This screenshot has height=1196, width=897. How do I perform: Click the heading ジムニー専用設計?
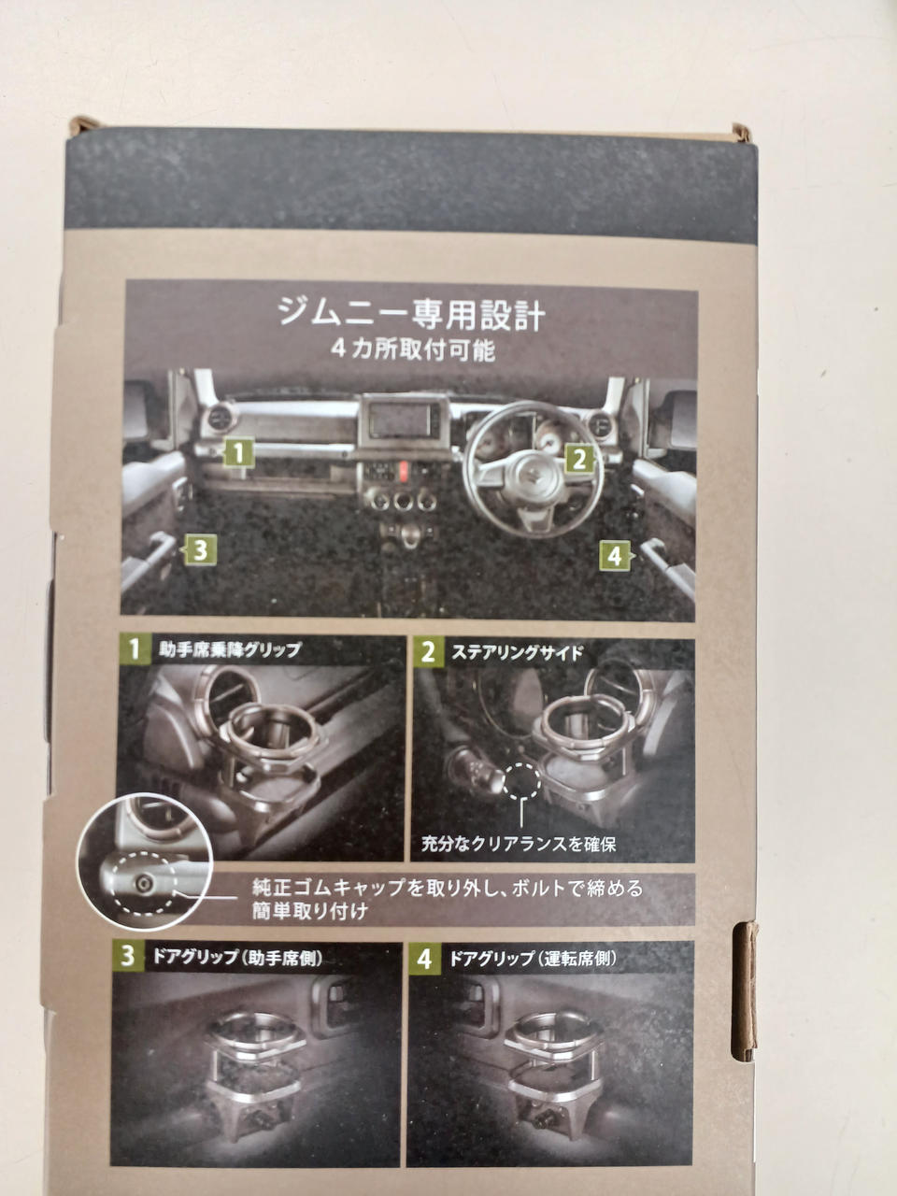tap(411, 315)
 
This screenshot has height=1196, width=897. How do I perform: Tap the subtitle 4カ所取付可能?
tap(413, 350)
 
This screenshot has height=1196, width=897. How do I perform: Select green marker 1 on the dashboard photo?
tap(238, 452)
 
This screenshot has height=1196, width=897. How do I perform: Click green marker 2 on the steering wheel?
tap(579, 460)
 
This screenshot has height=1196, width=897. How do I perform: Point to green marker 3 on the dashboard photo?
tap(200, 549)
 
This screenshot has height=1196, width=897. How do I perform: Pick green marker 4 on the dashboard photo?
tap(615, 556)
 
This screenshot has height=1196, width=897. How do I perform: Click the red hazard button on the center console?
tap(403, 471)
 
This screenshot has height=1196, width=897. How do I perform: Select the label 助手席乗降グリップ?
tap(229, 649)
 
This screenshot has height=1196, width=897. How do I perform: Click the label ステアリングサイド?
tap(517, 653)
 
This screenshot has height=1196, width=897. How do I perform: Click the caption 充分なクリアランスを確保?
tap(519, 844)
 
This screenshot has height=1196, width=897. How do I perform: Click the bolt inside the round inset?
tap(144, 883)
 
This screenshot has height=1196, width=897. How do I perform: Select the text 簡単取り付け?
tap(309, 911)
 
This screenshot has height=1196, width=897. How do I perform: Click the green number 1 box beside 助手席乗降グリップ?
tap(134, 649)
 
